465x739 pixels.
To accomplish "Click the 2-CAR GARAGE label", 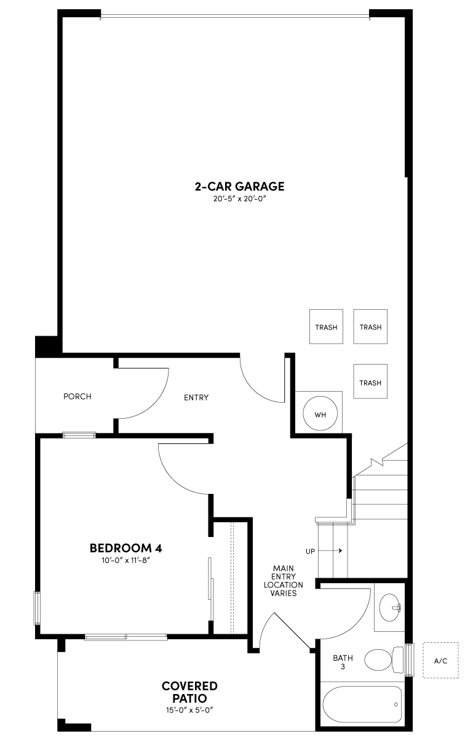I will pos(239,186).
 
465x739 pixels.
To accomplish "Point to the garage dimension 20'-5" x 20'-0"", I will pos(239,199).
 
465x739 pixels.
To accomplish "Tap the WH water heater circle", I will pos(320,414).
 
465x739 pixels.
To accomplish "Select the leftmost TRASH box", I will pos(326,326).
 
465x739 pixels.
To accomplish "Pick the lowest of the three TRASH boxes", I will pos(370,382).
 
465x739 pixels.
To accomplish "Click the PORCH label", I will pos(77,397).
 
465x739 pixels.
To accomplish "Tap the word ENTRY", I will pos(196,397).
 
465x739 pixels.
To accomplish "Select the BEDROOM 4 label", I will pos(125,547).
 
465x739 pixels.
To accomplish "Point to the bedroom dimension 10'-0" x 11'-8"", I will pos(125,560).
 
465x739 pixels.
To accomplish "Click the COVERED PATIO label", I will pos(189,692).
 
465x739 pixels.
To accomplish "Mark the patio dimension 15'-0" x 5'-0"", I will pos(189,709).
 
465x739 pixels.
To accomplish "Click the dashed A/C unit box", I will pos(440,661).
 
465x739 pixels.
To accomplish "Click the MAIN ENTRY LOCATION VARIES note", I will pos(284,581).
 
